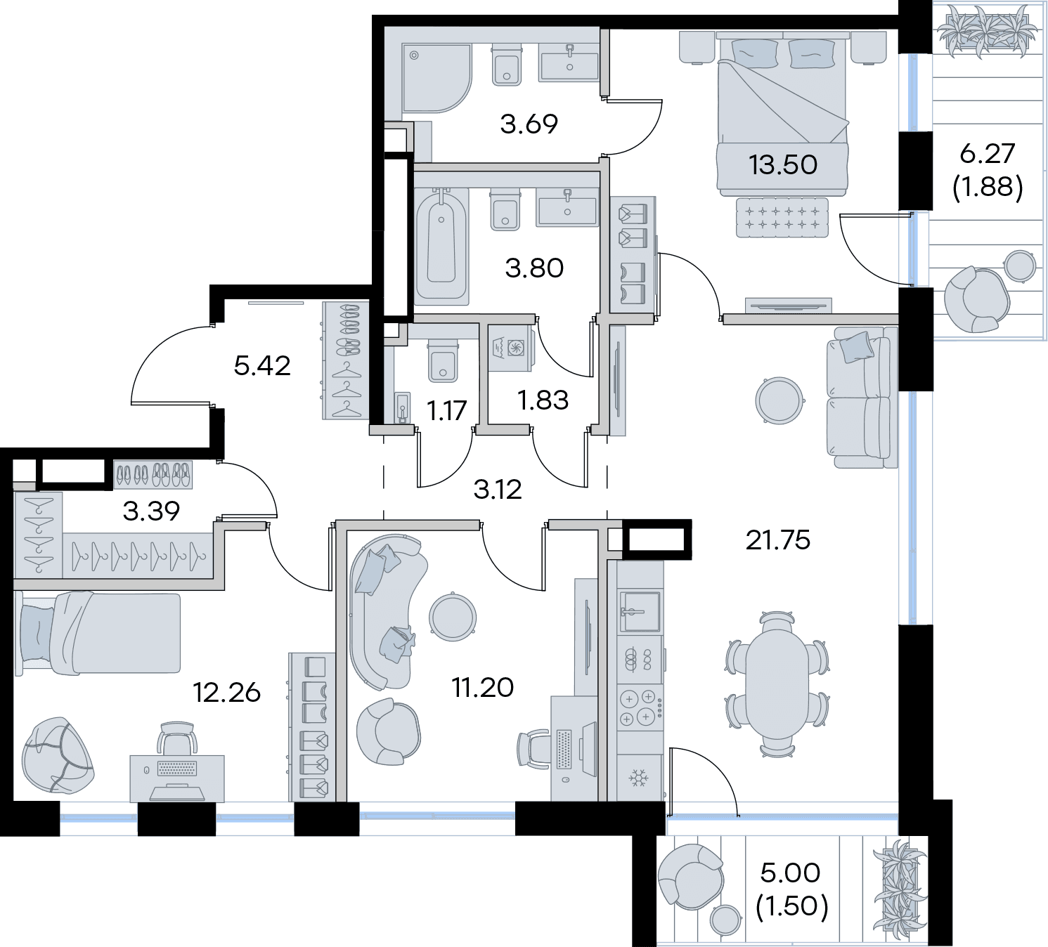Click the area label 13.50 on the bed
[x=782, y=165]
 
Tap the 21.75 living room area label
[x=778, y=541]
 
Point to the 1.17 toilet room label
[x=446, y=410]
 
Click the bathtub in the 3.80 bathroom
[x=441, y=246]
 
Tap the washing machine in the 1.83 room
[x=512, y=348]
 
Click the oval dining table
[x=777, y=685]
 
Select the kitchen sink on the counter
[x=640, y=611]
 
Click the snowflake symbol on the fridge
[x=638, y=778]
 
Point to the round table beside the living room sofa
[x=779, y=400]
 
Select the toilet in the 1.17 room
[x=443, y=361]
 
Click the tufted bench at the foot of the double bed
[x=782, y=217]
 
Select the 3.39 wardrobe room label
[x=152, y=511]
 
